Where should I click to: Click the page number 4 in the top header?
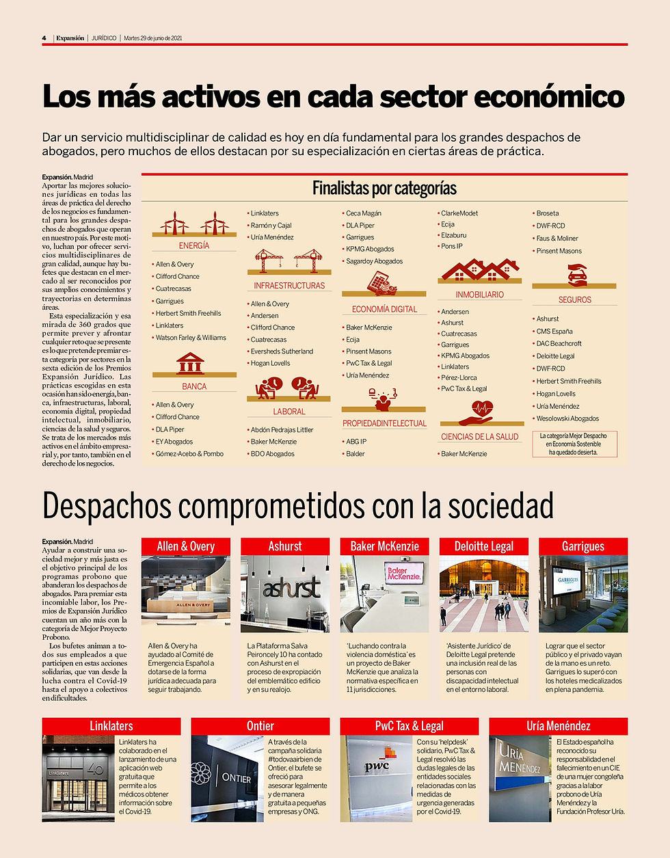(44, 38)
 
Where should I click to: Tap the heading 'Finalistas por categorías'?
(384, 188)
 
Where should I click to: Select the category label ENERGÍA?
(194, 245)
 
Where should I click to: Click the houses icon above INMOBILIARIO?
(479, 270)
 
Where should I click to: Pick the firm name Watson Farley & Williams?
(191, 338)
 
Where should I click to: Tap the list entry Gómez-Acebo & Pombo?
(189, 454)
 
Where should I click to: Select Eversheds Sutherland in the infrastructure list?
(282, 351)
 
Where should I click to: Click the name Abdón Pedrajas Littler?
(282, 430)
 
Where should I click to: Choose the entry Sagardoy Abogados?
(374, 261)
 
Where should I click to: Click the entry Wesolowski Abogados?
(567, 418)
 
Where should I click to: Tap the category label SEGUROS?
(574, 299)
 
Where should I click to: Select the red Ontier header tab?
(260, 726)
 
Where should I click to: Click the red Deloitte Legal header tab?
(484, 546)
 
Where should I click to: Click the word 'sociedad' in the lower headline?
(501, 506)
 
